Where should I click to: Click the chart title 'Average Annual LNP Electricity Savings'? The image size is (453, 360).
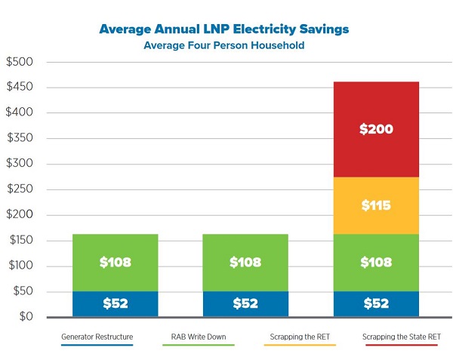pyautogui.click(x=223, y=29)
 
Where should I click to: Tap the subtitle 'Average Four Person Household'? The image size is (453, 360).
pyautogui.click(x=223, y=45)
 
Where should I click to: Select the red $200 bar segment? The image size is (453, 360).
pyautogui.click(x=376, y=129)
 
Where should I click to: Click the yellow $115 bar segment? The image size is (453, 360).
pyautogui.click(x=376, y=205)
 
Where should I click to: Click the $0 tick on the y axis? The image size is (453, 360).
pyautogui.click(x=24, y=316)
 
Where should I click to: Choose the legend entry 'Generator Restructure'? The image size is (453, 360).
pyautogui.click(x=97, y=335)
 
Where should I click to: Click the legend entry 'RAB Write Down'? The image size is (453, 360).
pyautogui.click(x=199, y=335)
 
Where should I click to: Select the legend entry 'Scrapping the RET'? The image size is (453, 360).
pyautogui.click(x=300, y=335)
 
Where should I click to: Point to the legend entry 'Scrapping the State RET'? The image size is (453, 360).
pyautogui.click(x=400, y=335)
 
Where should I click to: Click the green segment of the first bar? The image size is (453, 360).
pyautogui.click(x=115, y=263)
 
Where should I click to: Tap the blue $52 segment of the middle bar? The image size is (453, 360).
pyautogui.click(x=245, y=303)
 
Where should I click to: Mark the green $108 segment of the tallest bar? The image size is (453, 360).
pyautogui.click(x=376, y=263)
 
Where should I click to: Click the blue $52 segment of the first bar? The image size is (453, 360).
pyautogui.click(x=115, y=303)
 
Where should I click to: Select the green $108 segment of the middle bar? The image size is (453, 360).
pyautogui.click(x=245, y=263)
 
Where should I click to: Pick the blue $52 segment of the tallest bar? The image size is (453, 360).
pyautogui.click(x=376, y=303)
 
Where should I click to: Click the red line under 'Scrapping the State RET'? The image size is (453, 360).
pyautogui.click(x=400, y=345)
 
